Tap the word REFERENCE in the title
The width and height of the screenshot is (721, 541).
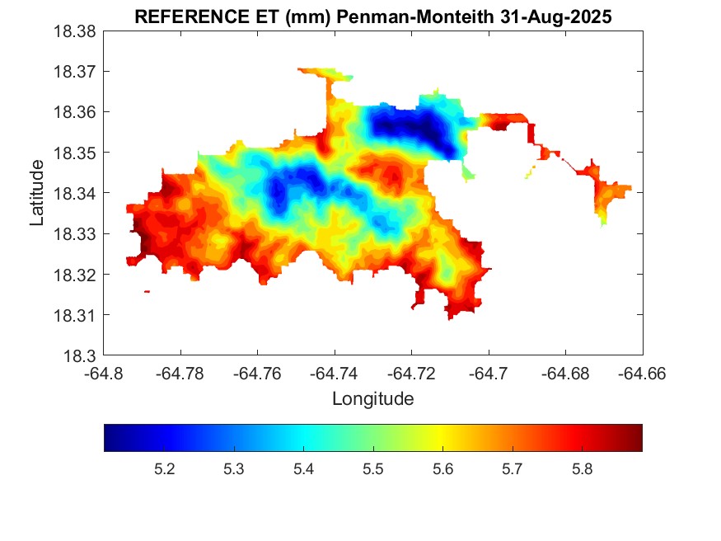click(185, 17)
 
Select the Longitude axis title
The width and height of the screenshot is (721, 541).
click(372, 399)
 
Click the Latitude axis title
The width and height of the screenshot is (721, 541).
click(37, 193)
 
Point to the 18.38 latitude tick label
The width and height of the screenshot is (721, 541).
click(77, 31)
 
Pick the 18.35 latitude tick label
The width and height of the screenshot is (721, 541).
click(77, 153)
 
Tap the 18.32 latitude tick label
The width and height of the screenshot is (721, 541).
click(77, 275)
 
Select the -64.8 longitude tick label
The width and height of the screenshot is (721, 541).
click(104, 374)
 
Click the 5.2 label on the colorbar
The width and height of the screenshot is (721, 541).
click(164, 469)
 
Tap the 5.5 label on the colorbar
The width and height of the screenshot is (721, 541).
click(373, 469)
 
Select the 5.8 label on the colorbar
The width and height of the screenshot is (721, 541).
click(582, 469)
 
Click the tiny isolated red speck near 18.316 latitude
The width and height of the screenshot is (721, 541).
click(147, 291)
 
